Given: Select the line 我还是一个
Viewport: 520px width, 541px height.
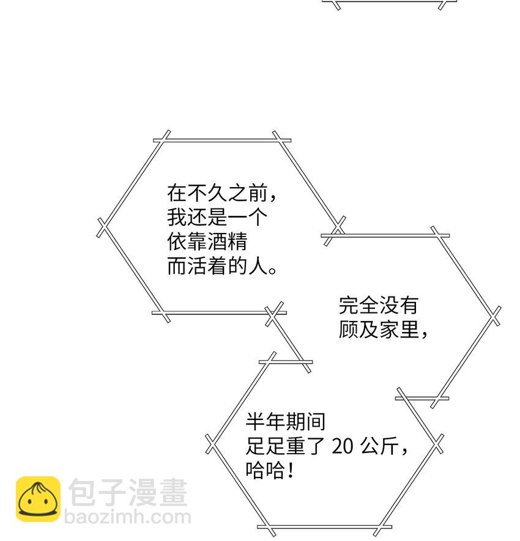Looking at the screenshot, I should (217, 218).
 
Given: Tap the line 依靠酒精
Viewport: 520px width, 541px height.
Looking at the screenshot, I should (207, 243).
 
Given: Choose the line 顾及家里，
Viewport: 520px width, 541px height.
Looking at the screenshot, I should (384, 329).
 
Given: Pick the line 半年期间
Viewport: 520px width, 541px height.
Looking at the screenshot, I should (286, 422).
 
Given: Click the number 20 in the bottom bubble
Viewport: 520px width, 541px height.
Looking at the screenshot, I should (343, 446).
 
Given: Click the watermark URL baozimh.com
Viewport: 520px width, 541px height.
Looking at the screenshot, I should (128, 518).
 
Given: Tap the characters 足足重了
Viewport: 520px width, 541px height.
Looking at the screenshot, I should (285, 446).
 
